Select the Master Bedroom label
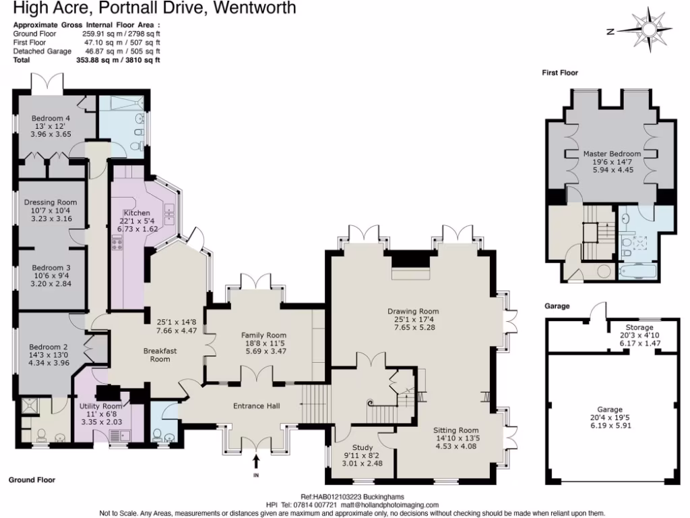pyautogui.click(x=612, y=154)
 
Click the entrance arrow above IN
pyautogui.click(x=256, y=461)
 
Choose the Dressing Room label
pyautogui.click(x=51, y=202)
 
